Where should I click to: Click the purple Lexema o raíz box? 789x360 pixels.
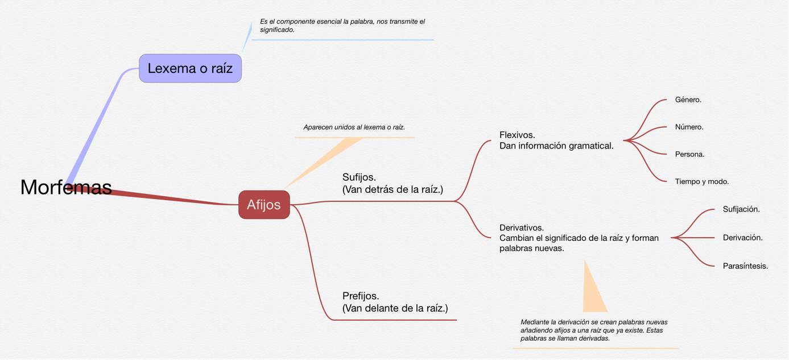190,68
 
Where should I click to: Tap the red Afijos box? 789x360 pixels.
264,205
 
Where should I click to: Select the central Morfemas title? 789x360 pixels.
66,187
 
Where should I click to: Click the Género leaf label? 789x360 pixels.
688,100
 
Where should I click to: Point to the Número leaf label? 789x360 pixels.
689,127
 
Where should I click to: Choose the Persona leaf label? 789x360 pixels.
689,154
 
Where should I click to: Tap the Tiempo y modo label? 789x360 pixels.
701,181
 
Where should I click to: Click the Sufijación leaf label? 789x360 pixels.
741,209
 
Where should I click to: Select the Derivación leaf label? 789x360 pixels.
742,238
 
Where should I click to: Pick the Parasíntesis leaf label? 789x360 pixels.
745,266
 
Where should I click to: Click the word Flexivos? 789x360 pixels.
517,135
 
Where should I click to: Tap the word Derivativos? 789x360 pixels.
522,227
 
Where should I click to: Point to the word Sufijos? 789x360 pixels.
359,177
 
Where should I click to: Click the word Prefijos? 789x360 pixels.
361,296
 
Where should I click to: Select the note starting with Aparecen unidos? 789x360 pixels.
354,127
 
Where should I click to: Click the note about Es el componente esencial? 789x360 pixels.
342,26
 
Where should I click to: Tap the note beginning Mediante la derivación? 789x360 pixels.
594,330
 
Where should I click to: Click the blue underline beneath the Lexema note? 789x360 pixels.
342,40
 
